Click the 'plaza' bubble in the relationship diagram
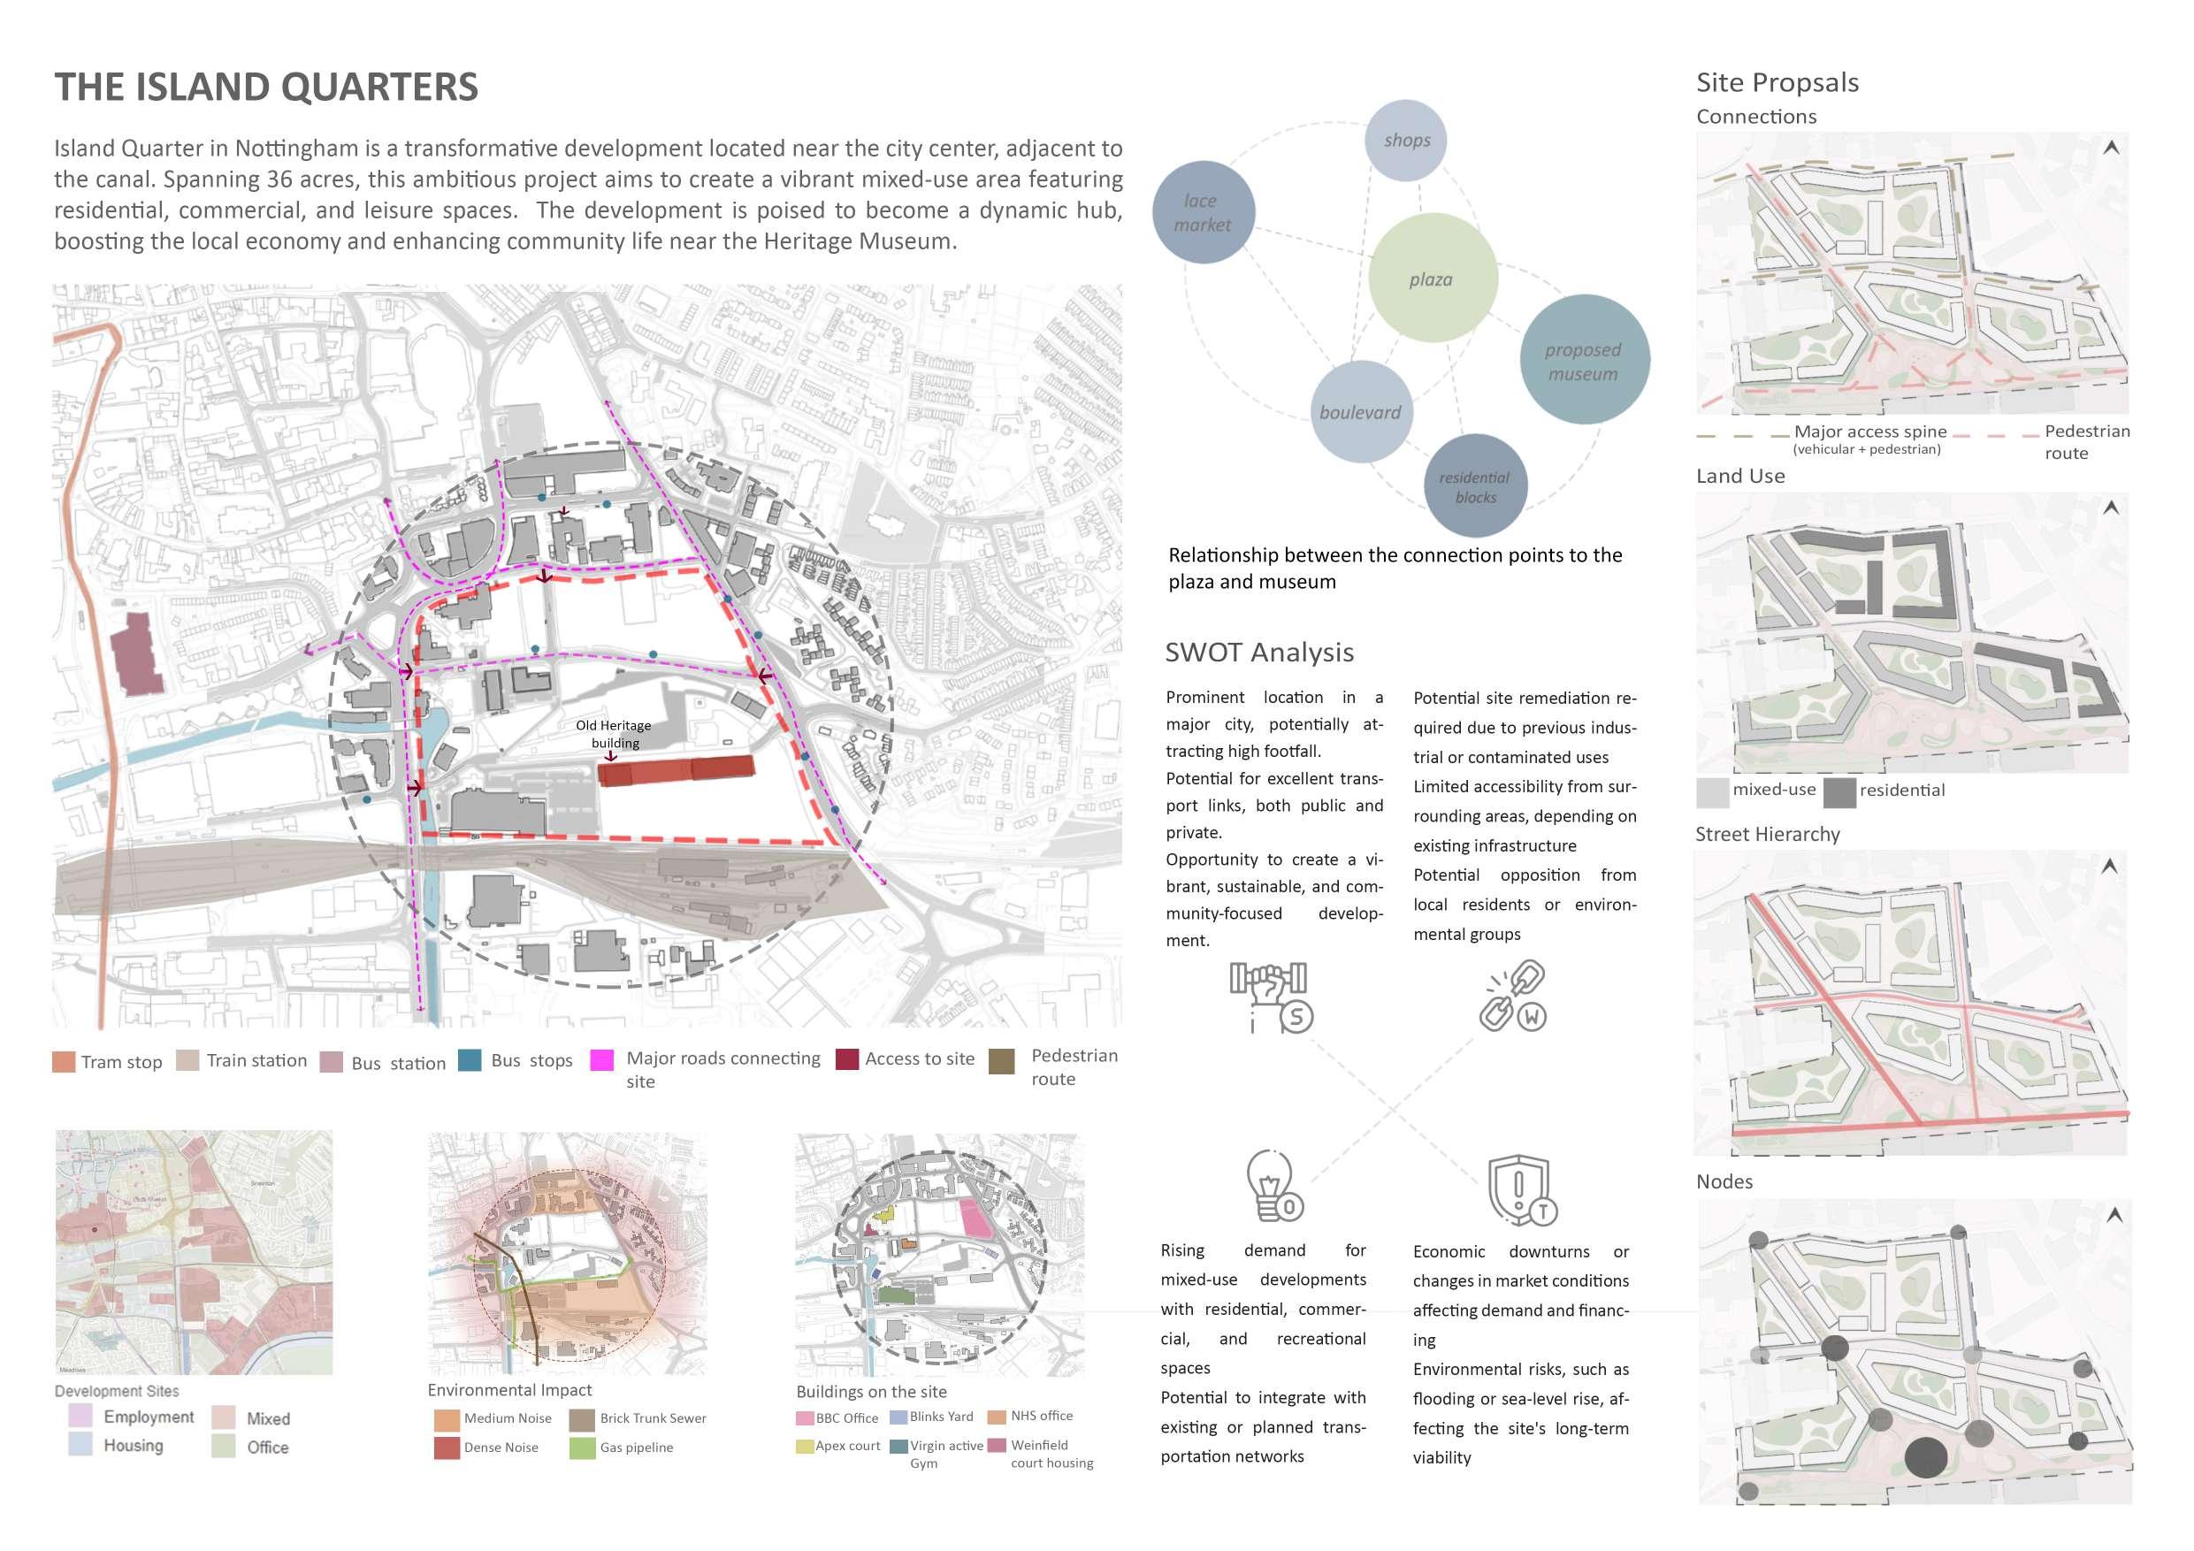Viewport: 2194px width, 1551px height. [x=1433, y=278]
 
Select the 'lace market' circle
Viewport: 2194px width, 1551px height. [x=1203, y=212]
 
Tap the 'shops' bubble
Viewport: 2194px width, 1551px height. [x=1407, y=140]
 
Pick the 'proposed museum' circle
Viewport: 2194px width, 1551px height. [x=1584, y=359]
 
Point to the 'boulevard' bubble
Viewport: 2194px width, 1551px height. [x=1361, y=412]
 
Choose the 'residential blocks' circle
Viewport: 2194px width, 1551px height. [x=1475, y=485]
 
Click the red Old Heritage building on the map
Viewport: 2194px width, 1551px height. [x=677, y=769]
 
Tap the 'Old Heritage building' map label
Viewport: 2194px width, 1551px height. [x=614, y=734]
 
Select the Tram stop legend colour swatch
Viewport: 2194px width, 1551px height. [x=64, y=1062]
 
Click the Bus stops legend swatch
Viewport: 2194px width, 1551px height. [x=470, y=1060]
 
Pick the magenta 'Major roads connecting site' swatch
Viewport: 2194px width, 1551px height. [x=602, y=1060]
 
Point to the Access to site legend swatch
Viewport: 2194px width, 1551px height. [x=846, y=1058]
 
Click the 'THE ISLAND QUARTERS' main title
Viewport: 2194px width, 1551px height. [x=265, y=87]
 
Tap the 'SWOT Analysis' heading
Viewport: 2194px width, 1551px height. [x=1258, y=652]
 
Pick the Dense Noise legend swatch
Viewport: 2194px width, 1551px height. [x=447, y=1448]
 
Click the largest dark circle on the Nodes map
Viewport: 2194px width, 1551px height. [x=1925, y=1458]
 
